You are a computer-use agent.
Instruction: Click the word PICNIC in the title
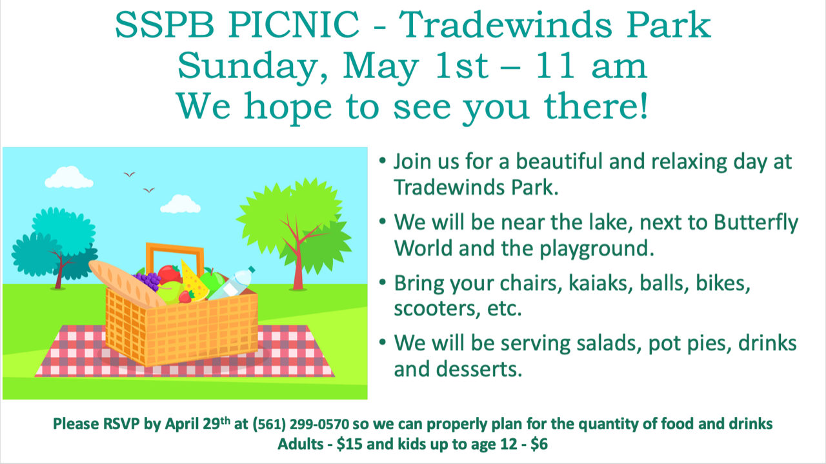point(294,25)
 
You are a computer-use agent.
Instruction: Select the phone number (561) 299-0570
point(301,424)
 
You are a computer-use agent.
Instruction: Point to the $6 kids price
point(539,444)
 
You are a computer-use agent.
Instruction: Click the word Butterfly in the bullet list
point(756,223)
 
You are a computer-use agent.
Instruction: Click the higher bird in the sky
point(129,174)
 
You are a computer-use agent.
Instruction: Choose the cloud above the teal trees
point(69,177)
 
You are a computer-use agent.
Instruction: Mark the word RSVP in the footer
point(121,424)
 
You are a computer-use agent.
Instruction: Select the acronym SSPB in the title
point(164,25)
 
